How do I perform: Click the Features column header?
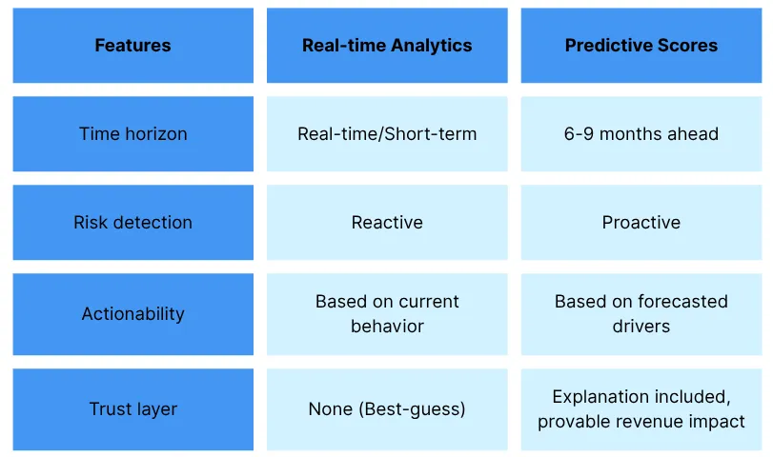(132, 45)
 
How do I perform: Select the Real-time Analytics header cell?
(387, 45)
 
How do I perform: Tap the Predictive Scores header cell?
(641, 45)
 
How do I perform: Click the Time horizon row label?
(132, 133)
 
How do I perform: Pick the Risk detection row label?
(132, 222)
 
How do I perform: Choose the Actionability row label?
(132, 313)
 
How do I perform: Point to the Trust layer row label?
(132, 408)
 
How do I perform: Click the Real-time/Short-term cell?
(387, 133)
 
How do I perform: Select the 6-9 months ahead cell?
(641, 133)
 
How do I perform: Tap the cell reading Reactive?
(387, 222)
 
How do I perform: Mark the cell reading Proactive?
(641, 222)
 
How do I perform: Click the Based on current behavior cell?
(387, 313)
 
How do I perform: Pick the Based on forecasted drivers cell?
(641, 313)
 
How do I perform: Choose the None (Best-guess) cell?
(387, 408)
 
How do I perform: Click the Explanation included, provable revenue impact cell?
(641, 408)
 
